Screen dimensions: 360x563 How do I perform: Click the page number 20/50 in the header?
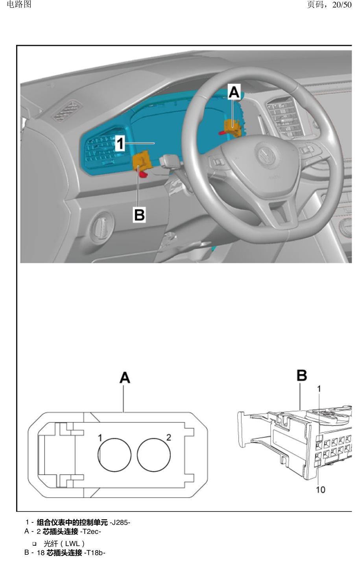342,4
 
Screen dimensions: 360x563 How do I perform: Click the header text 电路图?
19,4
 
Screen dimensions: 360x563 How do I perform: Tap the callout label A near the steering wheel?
234,92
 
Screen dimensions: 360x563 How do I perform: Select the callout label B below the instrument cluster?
139,215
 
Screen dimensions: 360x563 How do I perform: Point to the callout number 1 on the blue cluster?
120,144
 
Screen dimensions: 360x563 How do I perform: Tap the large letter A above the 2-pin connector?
125,378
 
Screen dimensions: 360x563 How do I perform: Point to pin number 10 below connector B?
320,490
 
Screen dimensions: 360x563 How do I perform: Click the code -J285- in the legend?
120,522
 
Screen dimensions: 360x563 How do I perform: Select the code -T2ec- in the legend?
90,532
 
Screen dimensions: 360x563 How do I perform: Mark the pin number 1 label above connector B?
319,389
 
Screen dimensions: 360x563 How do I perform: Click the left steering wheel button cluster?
217,161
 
